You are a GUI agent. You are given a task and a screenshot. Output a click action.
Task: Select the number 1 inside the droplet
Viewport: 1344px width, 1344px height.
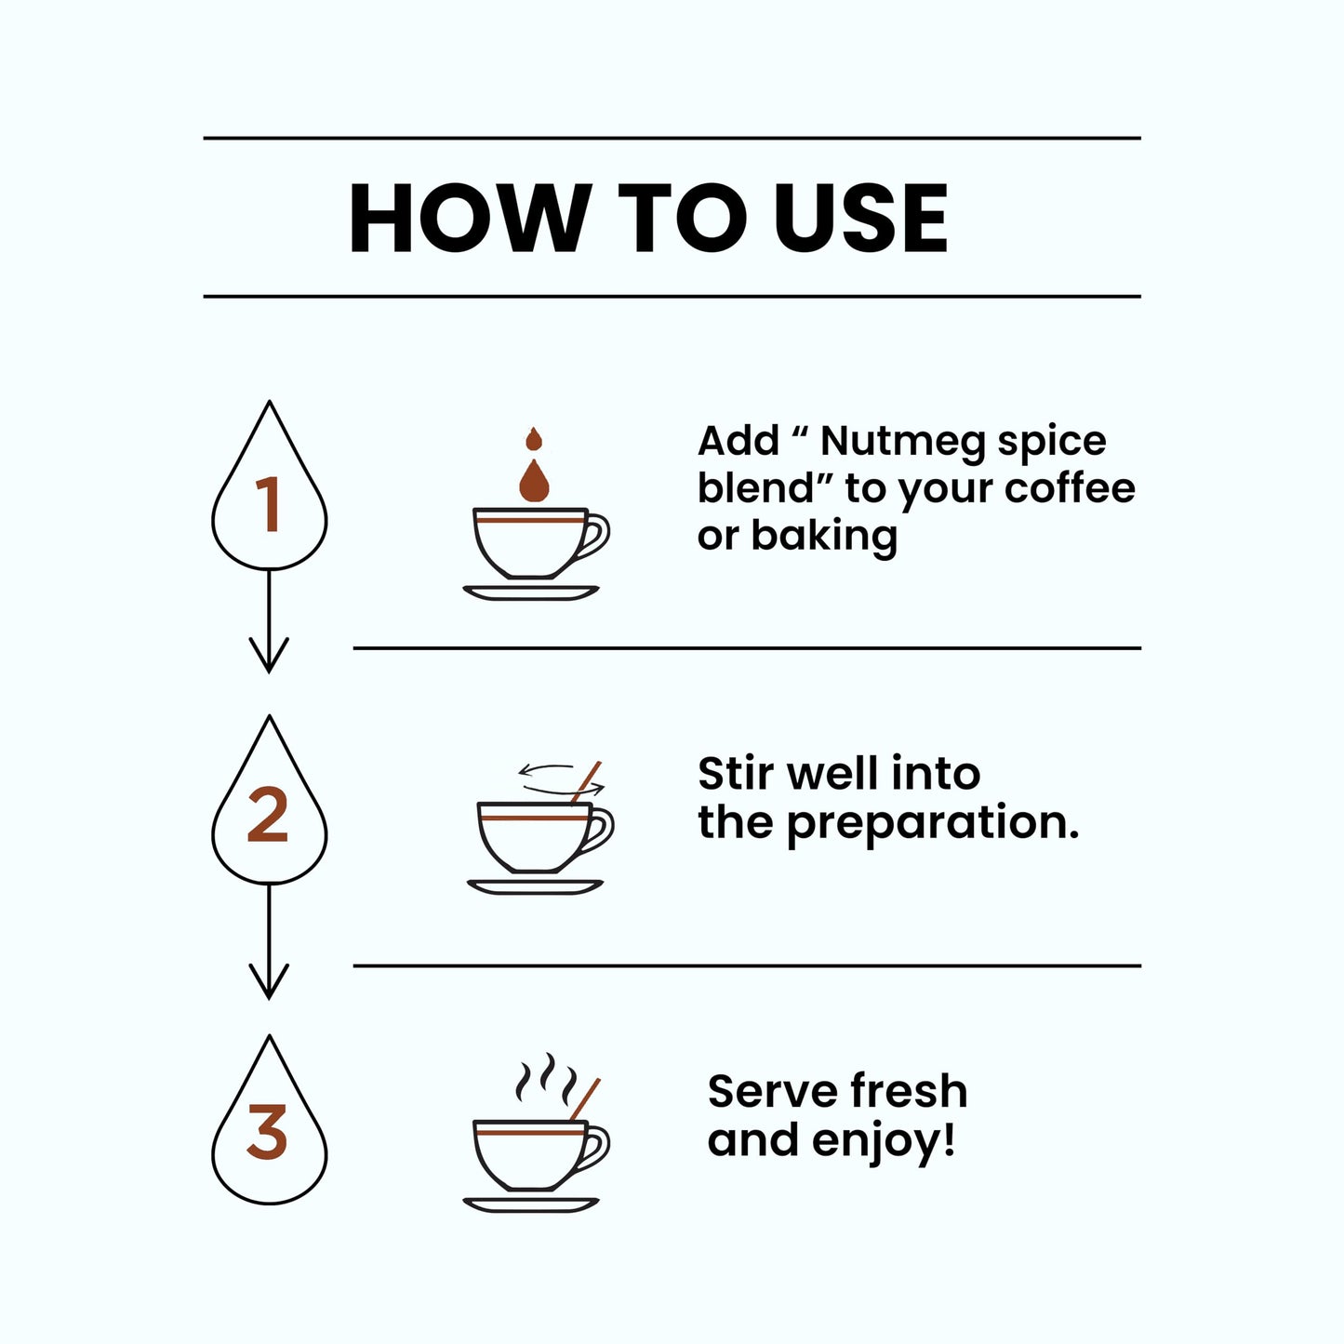[x=269, y=504]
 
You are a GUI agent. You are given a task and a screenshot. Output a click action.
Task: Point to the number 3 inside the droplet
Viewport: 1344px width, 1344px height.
[x=267, y=1131]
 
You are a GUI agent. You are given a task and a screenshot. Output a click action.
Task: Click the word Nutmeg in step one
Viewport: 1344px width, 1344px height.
[x=905, y=441]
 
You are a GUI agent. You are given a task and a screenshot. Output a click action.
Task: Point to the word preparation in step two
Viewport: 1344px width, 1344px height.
[x=933, y=824]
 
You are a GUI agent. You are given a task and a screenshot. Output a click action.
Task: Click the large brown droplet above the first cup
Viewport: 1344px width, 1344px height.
[x=534, y=481]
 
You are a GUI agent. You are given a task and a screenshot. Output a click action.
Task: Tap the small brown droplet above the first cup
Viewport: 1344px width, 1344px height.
[x=534, y=439]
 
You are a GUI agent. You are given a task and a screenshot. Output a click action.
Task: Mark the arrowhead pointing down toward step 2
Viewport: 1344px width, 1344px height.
[x=269, y=655]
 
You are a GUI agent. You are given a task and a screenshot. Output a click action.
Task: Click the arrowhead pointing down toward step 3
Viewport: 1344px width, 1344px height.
[x=269, y=982]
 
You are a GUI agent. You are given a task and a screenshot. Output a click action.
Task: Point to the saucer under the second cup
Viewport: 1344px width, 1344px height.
[x=535, y=888]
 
